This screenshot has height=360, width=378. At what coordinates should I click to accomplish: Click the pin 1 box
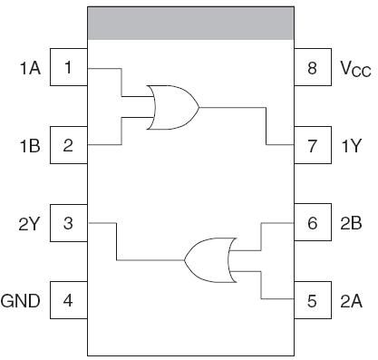[68, 68]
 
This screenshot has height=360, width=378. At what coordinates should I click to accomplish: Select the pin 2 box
[68, 144]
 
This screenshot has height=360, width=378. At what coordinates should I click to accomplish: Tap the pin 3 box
[68, 222]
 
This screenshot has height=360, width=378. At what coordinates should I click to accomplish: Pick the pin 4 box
[68, 299]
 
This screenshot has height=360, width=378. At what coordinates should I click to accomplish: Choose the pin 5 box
[312, 299]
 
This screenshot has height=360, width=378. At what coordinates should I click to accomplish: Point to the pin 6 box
[312, 222]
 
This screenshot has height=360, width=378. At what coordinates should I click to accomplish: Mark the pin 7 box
[312, 144]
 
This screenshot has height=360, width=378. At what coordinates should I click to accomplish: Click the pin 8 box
[312, 68]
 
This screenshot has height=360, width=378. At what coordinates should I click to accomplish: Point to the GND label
[21, 300]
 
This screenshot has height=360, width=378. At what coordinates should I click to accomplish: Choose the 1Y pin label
[352, 145]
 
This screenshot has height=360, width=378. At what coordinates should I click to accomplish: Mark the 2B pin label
[352, 223]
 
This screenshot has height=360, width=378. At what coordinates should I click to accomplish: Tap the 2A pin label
[352, 300]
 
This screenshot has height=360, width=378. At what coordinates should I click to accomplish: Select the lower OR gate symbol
[208, 260]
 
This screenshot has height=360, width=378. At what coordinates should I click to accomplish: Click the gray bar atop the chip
[190, 24]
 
